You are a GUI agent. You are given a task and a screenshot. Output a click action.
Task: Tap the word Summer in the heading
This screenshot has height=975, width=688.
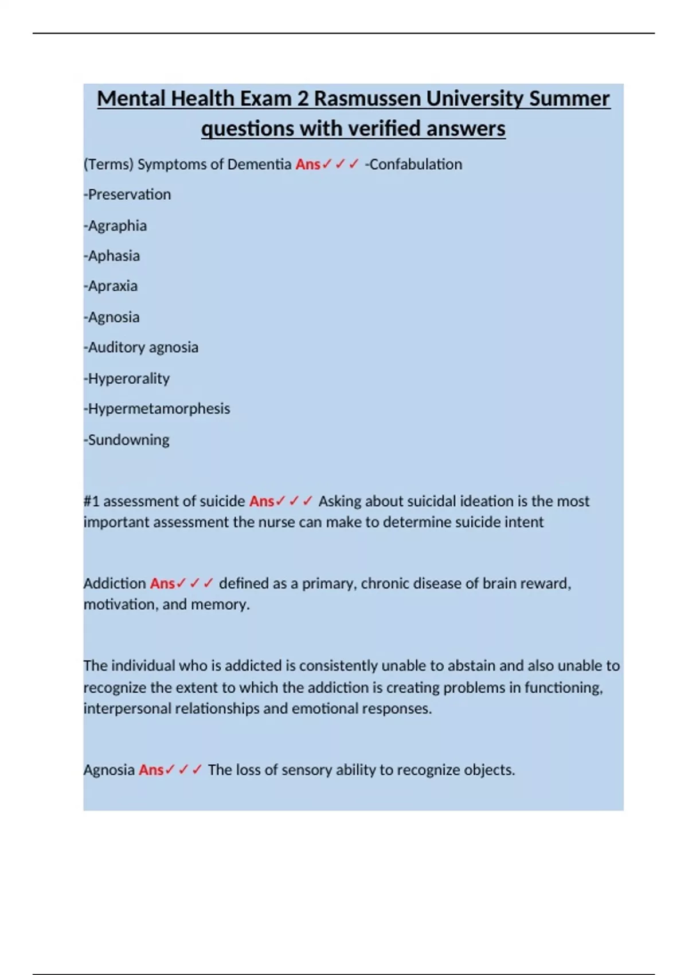(569, 99)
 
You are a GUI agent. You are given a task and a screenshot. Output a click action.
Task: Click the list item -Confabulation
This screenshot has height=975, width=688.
(413, 164)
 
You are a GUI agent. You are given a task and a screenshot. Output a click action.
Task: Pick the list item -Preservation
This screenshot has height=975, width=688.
(127, 194)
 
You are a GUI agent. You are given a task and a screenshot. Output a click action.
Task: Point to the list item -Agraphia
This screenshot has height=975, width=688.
(115, 225)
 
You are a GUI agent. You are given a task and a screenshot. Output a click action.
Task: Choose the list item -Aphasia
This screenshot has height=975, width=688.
(112, 256)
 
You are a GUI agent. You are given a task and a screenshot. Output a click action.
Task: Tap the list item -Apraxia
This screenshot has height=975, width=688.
(111, 286)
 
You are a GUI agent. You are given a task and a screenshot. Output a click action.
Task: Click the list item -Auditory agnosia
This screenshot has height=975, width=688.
(141, 347)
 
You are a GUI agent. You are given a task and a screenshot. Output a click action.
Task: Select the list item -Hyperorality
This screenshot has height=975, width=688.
(127, 379)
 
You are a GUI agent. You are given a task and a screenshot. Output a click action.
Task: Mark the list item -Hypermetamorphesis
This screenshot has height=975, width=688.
(157, 408)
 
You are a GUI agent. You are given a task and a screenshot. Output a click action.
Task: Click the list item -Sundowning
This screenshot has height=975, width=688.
(127, 440)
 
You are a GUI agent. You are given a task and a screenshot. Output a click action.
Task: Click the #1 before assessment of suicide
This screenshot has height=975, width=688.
(91, 501)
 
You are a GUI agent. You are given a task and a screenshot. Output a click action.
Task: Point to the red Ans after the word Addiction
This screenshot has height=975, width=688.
(162, 583)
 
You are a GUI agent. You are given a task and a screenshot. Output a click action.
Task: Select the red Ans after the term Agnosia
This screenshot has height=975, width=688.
(151, 770)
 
